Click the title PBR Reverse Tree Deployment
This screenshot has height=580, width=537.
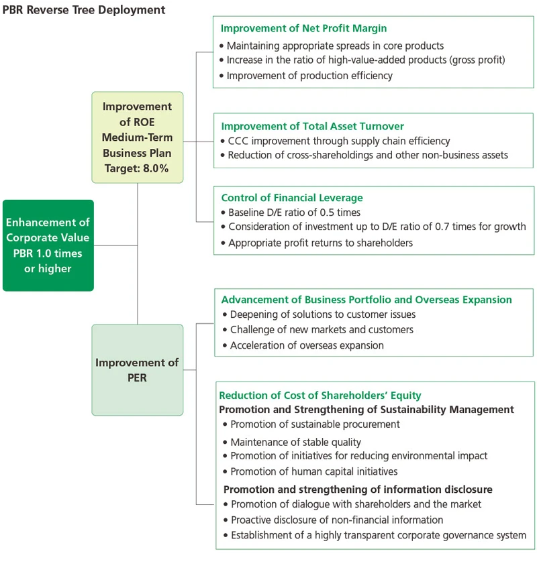[x=84, y=9]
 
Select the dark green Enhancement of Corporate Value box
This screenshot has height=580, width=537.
[x=48, y=245]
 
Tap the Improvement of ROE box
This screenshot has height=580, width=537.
[x=138, y=137]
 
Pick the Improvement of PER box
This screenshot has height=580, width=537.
[x=138, y=370]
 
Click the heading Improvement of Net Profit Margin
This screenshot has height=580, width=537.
[x=303, y=29]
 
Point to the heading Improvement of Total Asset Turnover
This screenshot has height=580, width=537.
[x=312, y=126]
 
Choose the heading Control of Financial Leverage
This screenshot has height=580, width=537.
[x=292, y=198]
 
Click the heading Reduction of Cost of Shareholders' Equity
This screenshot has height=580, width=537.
[x=320, y=396]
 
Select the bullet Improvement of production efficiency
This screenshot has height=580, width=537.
[x=309, y=76]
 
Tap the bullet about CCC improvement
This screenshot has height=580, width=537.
[x=339, y=141]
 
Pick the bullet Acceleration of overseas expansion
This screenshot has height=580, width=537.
[x=307, y=345]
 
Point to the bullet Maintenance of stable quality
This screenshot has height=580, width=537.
[x=295, y=442]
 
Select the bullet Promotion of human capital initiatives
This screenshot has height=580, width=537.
[x=313, y=471]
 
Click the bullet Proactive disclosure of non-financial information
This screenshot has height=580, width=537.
[x=337, y=520]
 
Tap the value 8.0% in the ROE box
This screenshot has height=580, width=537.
[x=156, y=168]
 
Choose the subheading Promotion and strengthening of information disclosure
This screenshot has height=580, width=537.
[x=358, y=489]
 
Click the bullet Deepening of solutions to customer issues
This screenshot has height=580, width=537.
[x=323, y=314]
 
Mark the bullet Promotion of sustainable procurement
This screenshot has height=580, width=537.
[x=315, y=424]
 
